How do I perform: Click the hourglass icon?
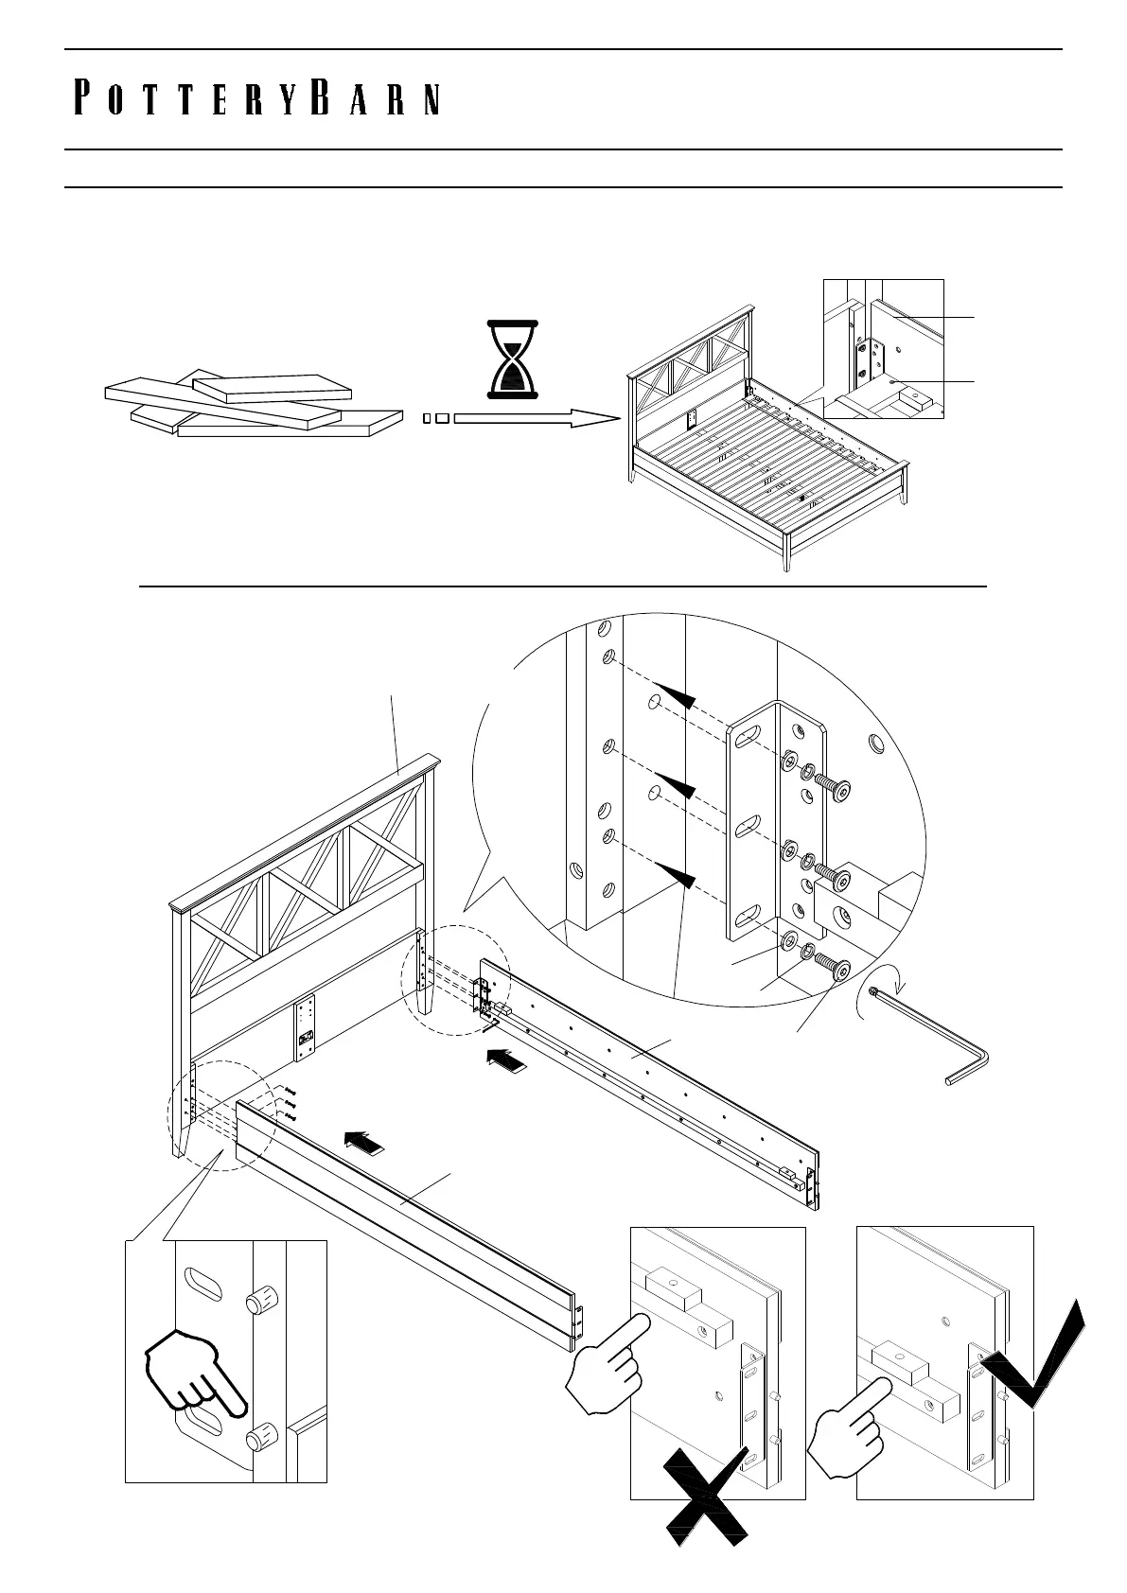(511, 359)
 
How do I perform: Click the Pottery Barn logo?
(256, 99)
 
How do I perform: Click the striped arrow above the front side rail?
(364, 1142)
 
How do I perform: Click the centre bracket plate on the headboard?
(305, 1024)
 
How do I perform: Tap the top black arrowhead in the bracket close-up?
(678, 699)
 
